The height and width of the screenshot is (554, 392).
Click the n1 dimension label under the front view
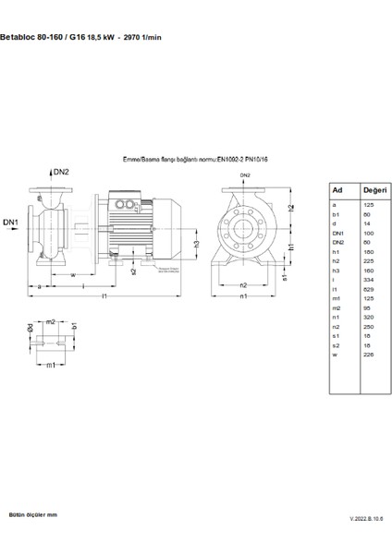point(244,297)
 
